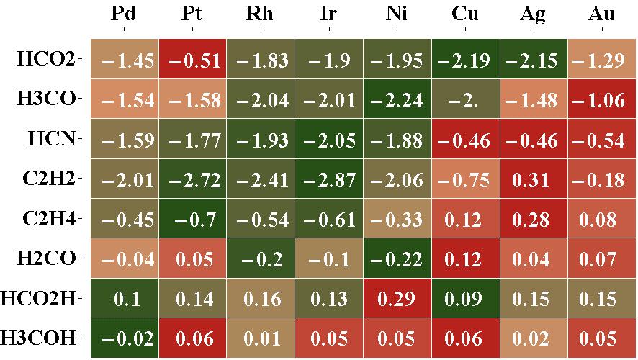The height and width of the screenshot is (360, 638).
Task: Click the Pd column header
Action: (124, 13)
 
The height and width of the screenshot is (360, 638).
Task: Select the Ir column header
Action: (329, 13)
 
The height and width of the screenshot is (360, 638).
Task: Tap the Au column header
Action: (601, 13)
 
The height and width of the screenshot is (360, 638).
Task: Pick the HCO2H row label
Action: (42, 297)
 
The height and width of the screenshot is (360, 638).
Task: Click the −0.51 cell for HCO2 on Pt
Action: (192, 60)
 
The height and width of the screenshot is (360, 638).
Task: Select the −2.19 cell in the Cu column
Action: (465, 60)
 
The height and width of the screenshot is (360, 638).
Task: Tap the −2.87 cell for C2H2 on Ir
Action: (329, 179)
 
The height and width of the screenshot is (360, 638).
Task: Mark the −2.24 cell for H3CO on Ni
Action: (397, 99)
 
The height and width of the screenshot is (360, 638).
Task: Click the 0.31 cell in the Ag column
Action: (534, 179)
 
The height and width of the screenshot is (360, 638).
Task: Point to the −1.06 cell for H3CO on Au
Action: (601, 99)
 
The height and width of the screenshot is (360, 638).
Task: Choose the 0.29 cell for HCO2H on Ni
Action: (397, 298)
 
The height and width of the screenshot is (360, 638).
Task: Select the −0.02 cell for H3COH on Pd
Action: (124, 338)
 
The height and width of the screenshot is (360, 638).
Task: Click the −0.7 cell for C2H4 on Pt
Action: (192, 219)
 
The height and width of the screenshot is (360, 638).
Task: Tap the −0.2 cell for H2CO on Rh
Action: (261, 258)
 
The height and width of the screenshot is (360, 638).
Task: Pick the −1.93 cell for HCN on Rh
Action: (261, 140)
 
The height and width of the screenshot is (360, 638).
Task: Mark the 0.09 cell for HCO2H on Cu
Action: (465, 298)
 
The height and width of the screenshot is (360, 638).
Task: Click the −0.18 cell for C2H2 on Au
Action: (601, 179)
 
